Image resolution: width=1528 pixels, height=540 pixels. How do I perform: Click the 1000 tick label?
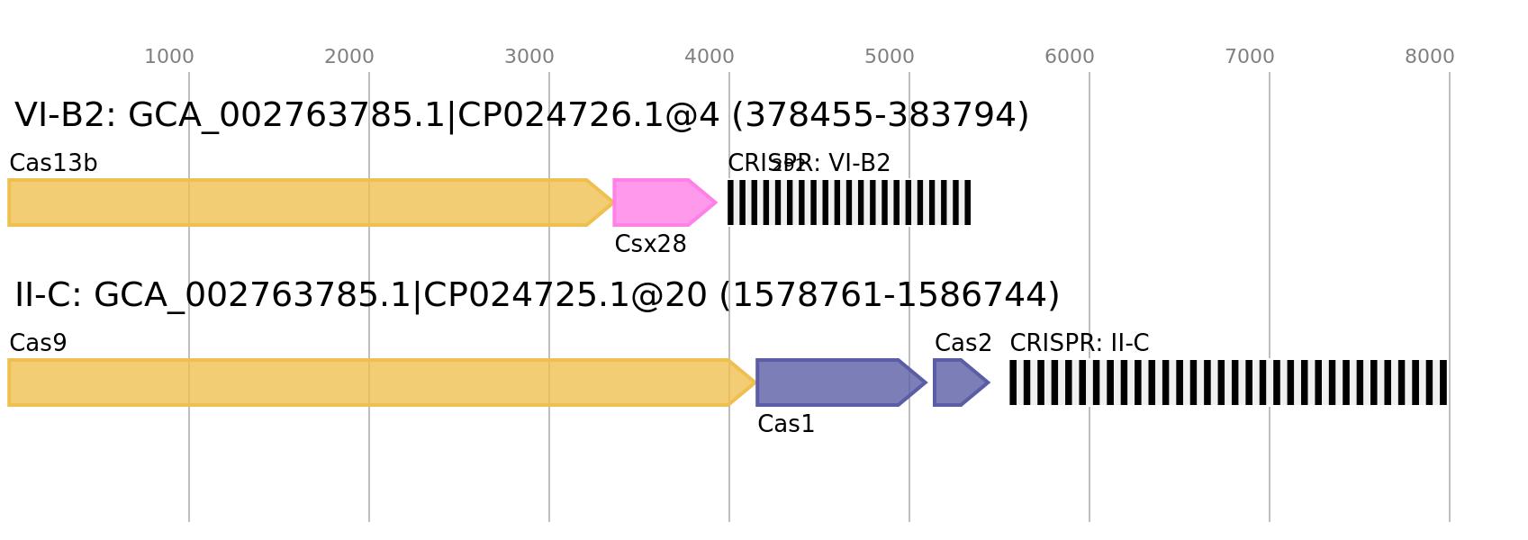[169, 57]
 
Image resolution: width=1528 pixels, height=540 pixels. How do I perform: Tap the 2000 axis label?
[349, 57]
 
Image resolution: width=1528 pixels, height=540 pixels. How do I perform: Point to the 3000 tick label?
[529, 57]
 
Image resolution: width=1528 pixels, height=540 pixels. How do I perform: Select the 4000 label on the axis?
[710, 57]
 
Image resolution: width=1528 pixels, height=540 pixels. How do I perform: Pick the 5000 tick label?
[890, 57]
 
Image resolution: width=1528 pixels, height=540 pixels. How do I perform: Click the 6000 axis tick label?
[1070, 57]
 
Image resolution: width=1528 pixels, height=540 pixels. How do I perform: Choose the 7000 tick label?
[1250, 57]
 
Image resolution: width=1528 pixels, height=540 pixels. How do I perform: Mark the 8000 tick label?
[1430, 57]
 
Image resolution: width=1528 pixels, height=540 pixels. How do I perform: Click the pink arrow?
[657, 202]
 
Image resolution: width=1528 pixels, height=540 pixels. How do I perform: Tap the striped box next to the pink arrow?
[849, 202]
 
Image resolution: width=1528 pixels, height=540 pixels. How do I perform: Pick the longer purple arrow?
[833, 382]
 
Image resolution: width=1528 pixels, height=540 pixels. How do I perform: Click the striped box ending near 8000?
[1228, 382]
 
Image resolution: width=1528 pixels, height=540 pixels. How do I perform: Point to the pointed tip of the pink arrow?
[717, 202]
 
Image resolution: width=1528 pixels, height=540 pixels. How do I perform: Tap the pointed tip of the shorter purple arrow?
[989, 382]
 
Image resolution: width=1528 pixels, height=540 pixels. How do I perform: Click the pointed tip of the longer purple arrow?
[926, 382]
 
